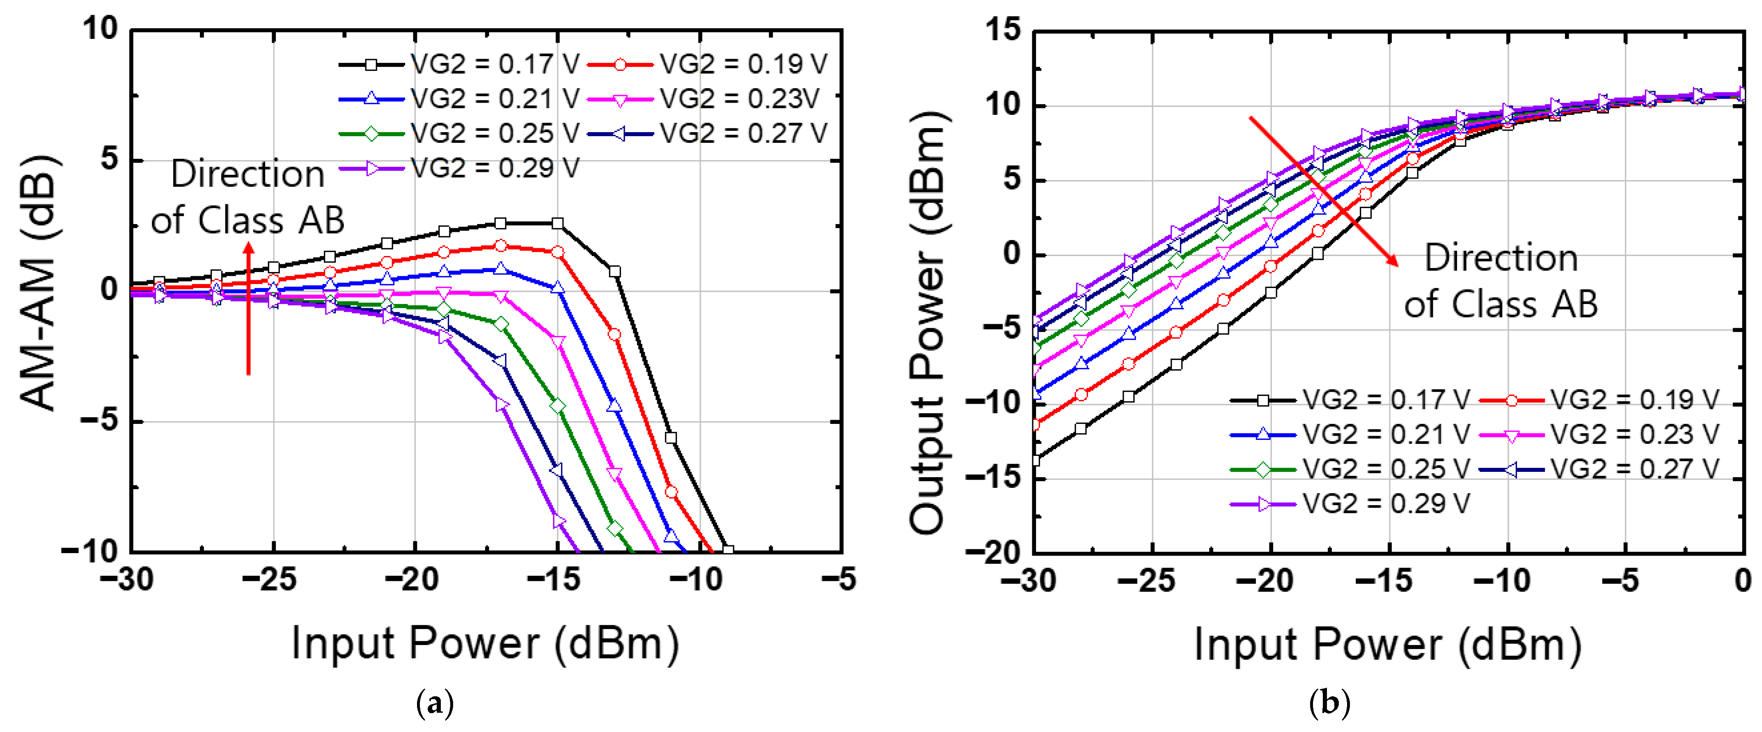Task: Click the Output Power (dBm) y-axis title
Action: click(928, 322)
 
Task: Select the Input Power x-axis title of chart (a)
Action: click(485, 644)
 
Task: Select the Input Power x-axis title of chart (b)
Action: click(1388, 645)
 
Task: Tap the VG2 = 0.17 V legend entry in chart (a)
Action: click(458, 64)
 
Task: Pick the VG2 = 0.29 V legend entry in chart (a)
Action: click(458, 167)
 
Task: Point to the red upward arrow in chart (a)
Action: click(248, 308)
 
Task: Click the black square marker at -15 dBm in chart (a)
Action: click(557, 224)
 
